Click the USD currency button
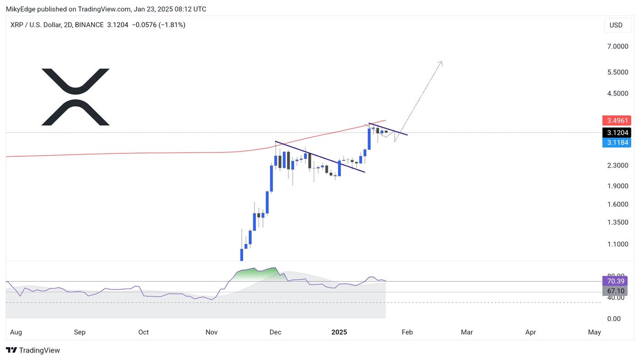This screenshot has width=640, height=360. pyautogui.click(x=616, y=25)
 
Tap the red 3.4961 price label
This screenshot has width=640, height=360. pyautogui.click(x=615, y=121)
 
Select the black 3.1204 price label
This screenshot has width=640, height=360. pyautogui.click(x=615, y=132)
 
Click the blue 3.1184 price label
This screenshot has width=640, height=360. pyautogui.click(x=615, y=142)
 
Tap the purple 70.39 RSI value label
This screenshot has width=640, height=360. pyautogui.click(x=615, y=281)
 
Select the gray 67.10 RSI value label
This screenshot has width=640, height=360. pyautogui.click(x=615, y=291)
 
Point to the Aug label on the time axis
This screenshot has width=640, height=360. pyautogui.click(x=15, y=332)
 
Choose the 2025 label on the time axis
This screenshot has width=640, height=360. pyautogui.click(x=339, y=332)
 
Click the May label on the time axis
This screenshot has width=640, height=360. pyautogui.click(x=594, y=332)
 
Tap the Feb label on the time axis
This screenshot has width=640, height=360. pyautogui.click(x=407, y=332)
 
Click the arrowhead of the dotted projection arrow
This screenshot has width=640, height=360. pyautogui.click(x=440, y=63)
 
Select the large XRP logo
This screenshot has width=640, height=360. pyautogui.click(x=76, y=97)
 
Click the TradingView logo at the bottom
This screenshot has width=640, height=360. pyautogui.click(x=33, y=350)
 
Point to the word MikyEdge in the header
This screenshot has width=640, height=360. pyautogui.click(x=21, y=9)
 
